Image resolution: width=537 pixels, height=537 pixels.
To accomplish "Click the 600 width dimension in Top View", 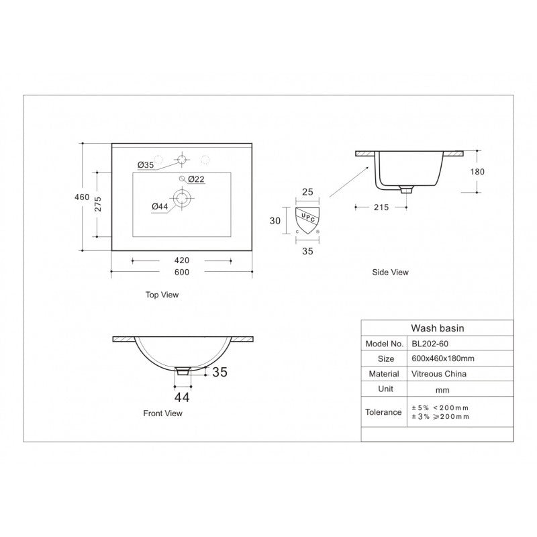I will point(181,272).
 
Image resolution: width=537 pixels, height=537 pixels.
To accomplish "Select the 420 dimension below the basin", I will point(181,260).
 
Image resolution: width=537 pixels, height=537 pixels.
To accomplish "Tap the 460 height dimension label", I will point(82,197).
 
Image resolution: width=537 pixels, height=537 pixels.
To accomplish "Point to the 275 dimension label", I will point(98,205).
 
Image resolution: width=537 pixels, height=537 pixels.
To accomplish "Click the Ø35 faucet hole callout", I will point(146,165).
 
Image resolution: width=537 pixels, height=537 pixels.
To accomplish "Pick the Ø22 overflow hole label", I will point(196,179).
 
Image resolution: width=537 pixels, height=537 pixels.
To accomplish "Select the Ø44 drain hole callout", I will point(159,206).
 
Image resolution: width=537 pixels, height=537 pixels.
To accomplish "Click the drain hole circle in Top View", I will point(181,197).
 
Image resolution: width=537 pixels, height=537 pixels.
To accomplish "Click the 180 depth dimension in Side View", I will point(477,171).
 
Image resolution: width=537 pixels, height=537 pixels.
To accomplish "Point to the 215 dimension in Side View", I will point(381,207).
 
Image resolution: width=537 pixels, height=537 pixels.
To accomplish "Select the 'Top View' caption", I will point(162,295).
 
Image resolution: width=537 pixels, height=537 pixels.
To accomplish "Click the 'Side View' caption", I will point(391,273).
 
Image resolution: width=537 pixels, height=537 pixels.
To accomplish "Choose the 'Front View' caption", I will point(163,413).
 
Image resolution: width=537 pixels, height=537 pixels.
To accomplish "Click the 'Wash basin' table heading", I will point(438,328).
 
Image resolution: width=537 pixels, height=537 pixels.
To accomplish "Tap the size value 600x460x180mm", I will point(442,358).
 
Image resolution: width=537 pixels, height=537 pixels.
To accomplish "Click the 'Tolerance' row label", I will point(383,412).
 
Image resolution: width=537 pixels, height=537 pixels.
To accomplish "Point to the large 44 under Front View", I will point(182,397).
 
